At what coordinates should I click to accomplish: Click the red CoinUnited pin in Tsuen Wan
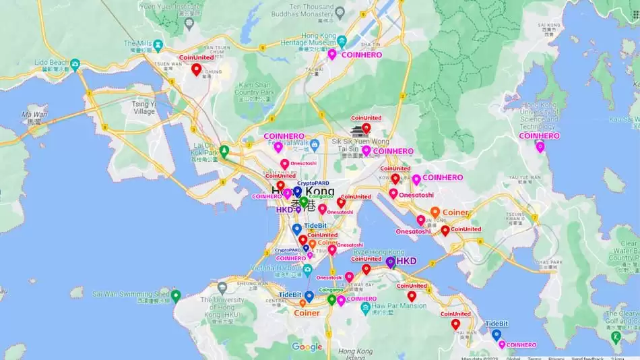tap(196, 69)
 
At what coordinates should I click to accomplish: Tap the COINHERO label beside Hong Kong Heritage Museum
tap(361, 55)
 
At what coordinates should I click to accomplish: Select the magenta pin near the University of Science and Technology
tap(540, 146)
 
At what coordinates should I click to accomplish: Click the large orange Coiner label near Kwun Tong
tap(455, 212)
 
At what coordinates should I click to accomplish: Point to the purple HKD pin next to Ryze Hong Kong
tap(391, 262)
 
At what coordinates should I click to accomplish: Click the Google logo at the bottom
tap(307, 347)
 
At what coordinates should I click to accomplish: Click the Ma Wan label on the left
tap(34, 118)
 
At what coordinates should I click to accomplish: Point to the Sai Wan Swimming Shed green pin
tap(176, 295)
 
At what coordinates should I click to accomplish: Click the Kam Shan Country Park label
tap(255, 88)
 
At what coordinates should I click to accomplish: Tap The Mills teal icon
tap(158, 45)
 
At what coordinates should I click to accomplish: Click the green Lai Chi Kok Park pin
tap(224, 150)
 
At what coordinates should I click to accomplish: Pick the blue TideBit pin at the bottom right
tap(497, 334)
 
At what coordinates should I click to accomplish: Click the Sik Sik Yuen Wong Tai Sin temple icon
tap(356, 131)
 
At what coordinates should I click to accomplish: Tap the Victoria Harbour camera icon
tap(307, 270)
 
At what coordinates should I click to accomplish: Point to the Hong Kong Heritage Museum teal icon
tap(342, 40)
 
